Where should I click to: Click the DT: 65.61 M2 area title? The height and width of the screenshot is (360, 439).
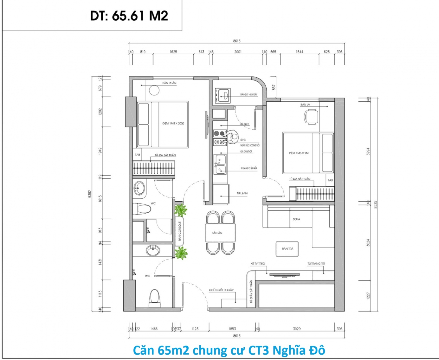(x=129, y=16)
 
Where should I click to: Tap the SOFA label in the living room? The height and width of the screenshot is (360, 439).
(x=296, y=219)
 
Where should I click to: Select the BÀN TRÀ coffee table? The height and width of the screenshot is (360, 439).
(x=287, y=249)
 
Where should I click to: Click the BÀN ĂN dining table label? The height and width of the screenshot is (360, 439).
(x=217, y=233)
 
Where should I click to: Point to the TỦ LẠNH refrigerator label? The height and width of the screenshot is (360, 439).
(x=242, y=193)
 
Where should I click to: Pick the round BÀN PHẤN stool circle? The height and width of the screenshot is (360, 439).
(x=154, y=90)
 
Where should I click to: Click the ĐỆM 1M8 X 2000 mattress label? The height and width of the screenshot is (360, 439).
(x=173, y=123)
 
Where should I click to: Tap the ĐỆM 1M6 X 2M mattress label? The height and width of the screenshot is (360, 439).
(x=299, y=153)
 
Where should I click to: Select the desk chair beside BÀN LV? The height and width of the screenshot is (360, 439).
(x=311, y=117)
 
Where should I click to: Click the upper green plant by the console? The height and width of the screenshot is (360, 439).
(x=180, y=210)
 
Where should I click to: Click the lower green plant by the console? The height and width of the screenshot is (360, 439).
(x=181, y=253)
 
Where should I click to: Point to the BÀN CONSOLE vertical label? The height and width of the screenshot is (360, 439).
(x=180, y=231)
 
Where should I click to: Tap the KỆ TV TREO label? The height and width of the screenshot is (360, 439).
(x=258, y=263)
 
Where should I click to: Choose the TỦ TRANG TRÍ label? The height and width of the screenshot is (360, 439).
(x=316, y=263)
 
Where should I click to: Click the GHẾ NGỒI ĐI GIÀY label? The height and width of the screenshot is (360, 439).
(x=221, y=290)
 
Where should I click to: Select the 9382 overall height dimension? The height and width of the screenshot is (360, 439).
(x=89, y=194)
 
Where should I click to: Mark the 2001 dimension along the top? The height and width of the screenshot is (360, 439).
(x=238, y=52)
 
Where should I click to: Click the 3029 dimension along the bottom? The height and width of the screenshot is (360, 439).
(x=297, y=329)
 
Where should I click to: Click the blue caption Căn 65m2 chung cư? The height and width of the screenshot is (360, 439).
(x=229, y=350)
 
